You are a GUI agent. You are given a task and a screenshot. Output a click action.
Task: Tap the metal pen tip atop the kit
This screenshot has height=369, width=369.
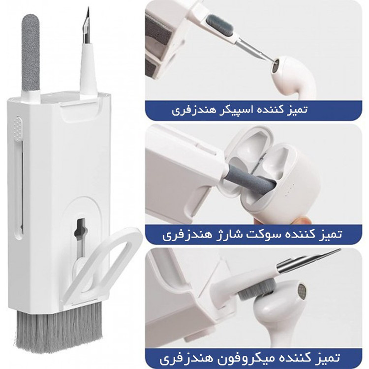tap(87, 26)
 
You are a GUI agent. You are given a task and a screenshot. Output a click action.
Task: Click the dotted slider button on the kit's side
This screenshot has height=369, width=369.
tap(18, 128)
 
